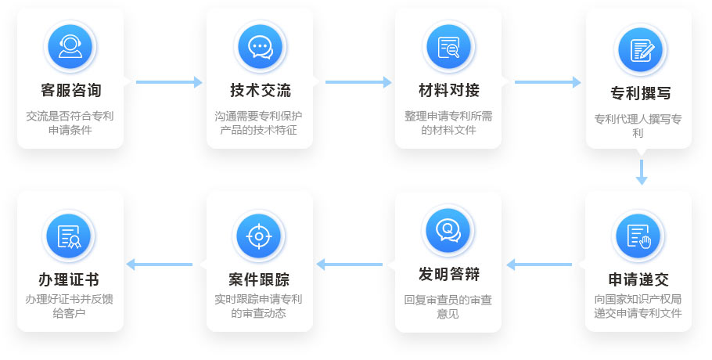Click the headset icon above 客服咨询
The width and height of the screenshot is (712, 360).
(70, 47)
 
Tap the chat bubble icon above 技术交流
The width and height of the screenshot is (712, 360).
(260, 47)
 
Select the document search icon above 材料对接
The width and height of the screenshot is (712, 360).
(448, 47)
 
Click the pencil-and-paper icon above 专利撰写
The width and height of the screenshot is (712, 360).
(640, 50)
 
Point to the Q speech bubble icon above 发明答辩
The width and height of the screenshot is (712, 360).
(448, 230)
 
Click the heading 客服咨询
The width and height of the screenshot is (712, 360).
(71, 90)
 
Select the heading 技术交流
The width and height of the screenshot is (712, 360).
(261, 90)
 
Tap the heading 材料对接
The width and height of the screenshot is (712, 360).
(449, 90)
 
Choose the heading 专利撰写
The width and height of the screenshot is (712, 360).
(640, 93)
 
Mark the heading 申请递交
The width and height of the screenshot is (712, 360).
(638, 279)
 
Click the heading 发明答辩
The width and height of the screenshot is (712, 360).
(449, 274)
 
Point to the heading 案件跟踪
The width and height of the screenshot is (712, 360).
(259, 279)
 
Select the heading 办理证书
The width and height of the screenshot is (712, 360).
(69, 279)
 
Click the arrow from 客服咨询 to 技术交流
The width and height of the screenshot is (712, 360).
(169, 82)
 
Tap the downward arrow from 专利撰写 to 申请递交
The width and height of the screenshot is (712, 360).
(641, 172)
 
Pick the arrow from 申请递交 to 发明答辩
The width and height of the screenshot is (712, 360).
(539, 265)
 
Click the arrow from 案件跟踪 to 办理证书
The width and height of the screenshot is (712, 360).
(160, 265)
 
